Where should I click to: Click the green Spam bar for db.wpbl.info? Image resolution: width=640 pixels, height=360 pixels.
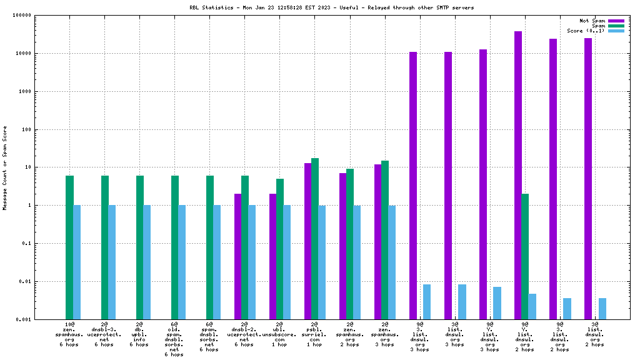(139, 247)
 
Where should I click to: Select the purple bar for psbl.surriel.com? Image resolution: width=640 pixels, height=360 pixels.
(307, 241)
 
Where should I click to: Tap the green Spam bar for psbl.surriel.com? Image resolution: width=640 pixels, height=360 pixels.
(315, 239)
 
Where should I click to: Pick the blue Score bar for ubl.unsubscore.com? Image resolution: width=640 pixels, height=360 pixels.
(287, 262)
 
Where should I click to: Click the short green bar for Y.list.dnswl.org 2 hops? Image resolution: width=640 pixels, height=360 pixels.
(525, 256)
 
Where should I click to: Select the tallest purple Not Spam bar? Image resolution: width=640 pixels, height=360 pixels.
(518, 175)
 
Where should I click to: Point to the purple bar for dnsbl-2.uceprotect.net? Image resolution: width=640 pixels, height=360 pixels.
(238, 256)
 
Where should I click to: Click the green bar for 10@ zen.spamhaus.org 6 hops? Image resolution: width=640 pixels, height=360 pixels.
(69, 247)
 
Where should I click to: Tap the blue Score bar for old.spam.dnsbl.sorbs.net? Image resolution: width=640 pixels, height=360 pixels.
(182, 262)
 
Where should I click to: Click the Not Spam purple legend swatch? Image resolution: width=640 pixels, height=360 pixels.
(616, 21)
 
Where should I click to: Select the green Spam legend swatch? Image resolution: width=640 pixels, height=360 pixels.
(616, 26)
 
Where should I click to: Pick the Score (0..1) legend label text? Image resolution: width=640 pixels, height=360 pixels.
(586, 31)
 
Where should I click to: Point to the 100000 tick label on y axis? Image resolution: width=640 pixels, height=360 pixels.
(22, 16)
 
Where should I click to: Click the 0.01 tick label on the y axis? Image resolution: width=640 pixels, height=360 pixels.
(25, 282)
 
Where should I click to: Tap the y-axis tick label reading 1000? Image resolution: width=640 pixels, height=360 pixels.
(25, 91)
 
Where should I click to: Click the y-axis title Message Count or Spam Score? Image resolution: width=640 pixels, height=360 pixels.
(5, 167)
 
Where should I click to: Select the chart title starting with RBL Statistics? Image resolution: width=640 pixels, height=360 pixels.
(332, 7)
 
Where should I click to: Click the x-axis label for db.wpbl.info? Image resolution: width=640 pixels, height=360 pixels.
(139, 334)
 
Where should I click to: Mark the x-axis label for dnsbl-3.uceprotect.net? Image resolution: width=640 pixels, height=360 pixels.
(104, 334)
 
